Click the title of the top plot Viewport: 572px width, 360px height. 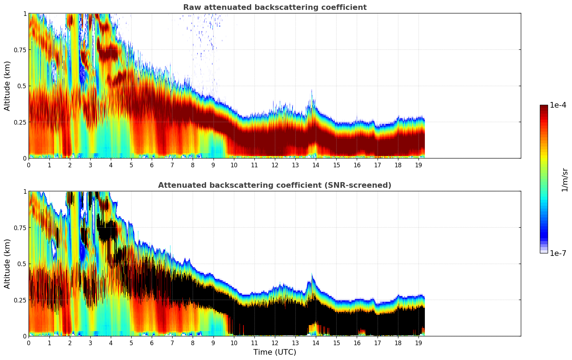coord(275,7)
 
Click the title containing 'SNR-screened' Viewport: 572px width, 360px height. coord(275,185)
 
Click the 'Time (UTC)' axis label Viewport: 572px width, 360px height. coord(275,352)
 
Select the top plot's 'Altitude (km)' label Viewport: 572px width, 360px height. coord(7,86)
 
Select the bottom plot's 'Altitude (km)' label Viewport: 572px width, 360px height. coord(7,264)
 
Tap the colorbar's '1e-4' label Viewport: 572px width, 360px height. coord(558,105)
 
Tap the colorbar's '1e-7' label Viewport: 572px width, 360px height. coord(558,253)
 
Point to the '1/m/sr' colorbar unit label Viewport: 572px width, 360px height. coord(564,180)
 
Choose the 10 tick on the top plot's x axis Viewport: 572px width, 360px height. coord(234,165)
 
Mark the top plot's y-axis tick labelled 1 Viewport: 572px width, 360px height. coord(25,13)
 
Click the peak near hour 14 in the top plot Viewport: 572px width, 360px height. coord(312,91)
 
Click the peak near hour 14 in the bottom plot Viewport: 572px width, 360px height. coord(312,274)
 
